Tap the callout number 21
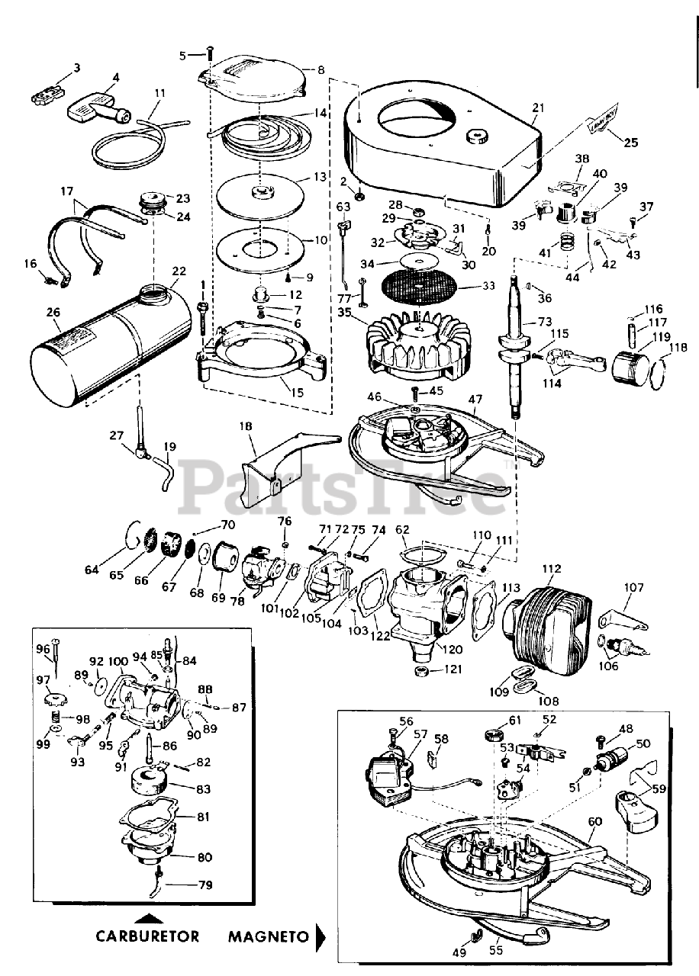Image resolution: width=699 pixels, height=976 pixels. pos(537,108)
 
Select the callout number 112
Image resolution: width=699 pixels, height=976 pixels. pos(551,569)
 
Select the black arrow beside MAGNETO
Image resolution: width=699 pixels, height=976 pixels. pos(321,936)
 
